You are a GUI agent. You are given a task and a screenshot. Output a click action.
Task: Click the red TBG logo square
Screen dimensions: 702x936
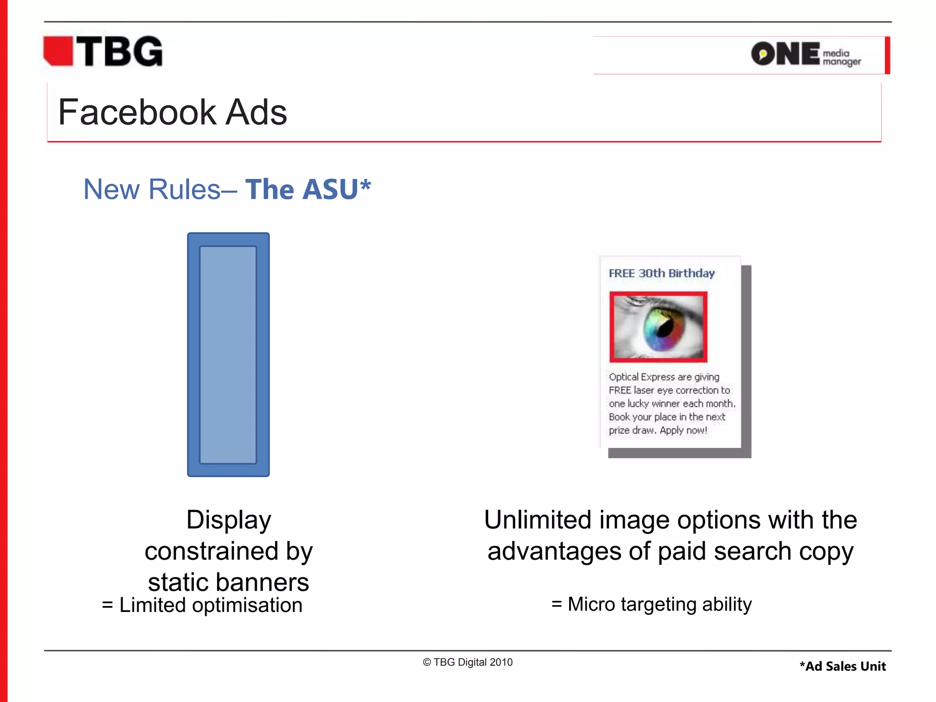pyautogui.click(x=58, y=51)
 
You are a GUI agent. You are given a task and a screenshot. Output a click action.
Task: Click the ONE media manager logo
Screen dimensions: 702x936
pyautogui.click(x=805, y=54)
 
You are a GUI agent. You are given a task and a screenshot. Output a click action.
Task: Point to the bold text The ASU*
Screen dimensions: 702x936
pyautogui.click(x=308, y=189)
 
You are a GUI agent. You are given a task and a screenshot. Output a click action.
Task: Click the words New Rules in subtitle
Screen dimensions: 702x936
pyautogui.click(x=152, y=189)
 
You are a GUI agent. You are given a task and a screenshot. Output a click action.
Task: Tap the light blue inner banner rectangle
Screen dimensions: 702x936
pyautogui.click(x=228, y=355)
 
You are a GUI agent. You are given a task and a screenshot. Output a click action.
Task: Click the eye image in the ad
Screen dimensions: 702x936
pyautogui.click(x=658, y=327)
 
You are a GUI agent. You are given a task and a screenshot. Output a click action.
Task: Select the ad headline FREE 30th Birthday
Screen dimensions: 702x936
pyautogui.click(x=661, y=273)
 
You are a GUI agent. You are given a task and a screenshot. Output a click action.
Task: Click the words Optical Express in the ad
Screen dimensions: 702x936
pyautogui.click(x=642, y=377)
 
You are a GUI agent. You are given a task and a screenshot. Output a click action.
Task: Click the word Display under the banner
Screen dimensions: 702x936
pyautogui.click(x=229, y=520)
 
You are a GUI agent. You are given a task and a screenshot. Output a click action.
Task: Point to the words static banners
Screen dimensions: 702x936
pyautogui.click(x=229, y=582)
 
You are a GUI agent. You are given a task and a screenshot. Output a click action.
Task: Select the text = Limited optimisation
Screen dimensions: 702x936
pyautogui.click(x=202, y=605)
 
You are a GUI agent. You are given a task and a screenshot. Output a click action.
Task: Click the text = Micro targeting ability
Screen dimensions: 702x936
pyautogui.click(x=651, y=604)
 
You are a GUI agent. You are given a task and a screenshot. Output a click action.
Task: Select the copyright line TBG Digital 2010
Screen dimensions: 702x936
pyautogui.click(x=468, y=662)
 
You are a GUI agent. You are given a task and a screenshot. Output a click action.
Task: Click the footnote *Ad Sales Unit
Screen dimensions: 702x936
pyautogui.click(x=842, y=666)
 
